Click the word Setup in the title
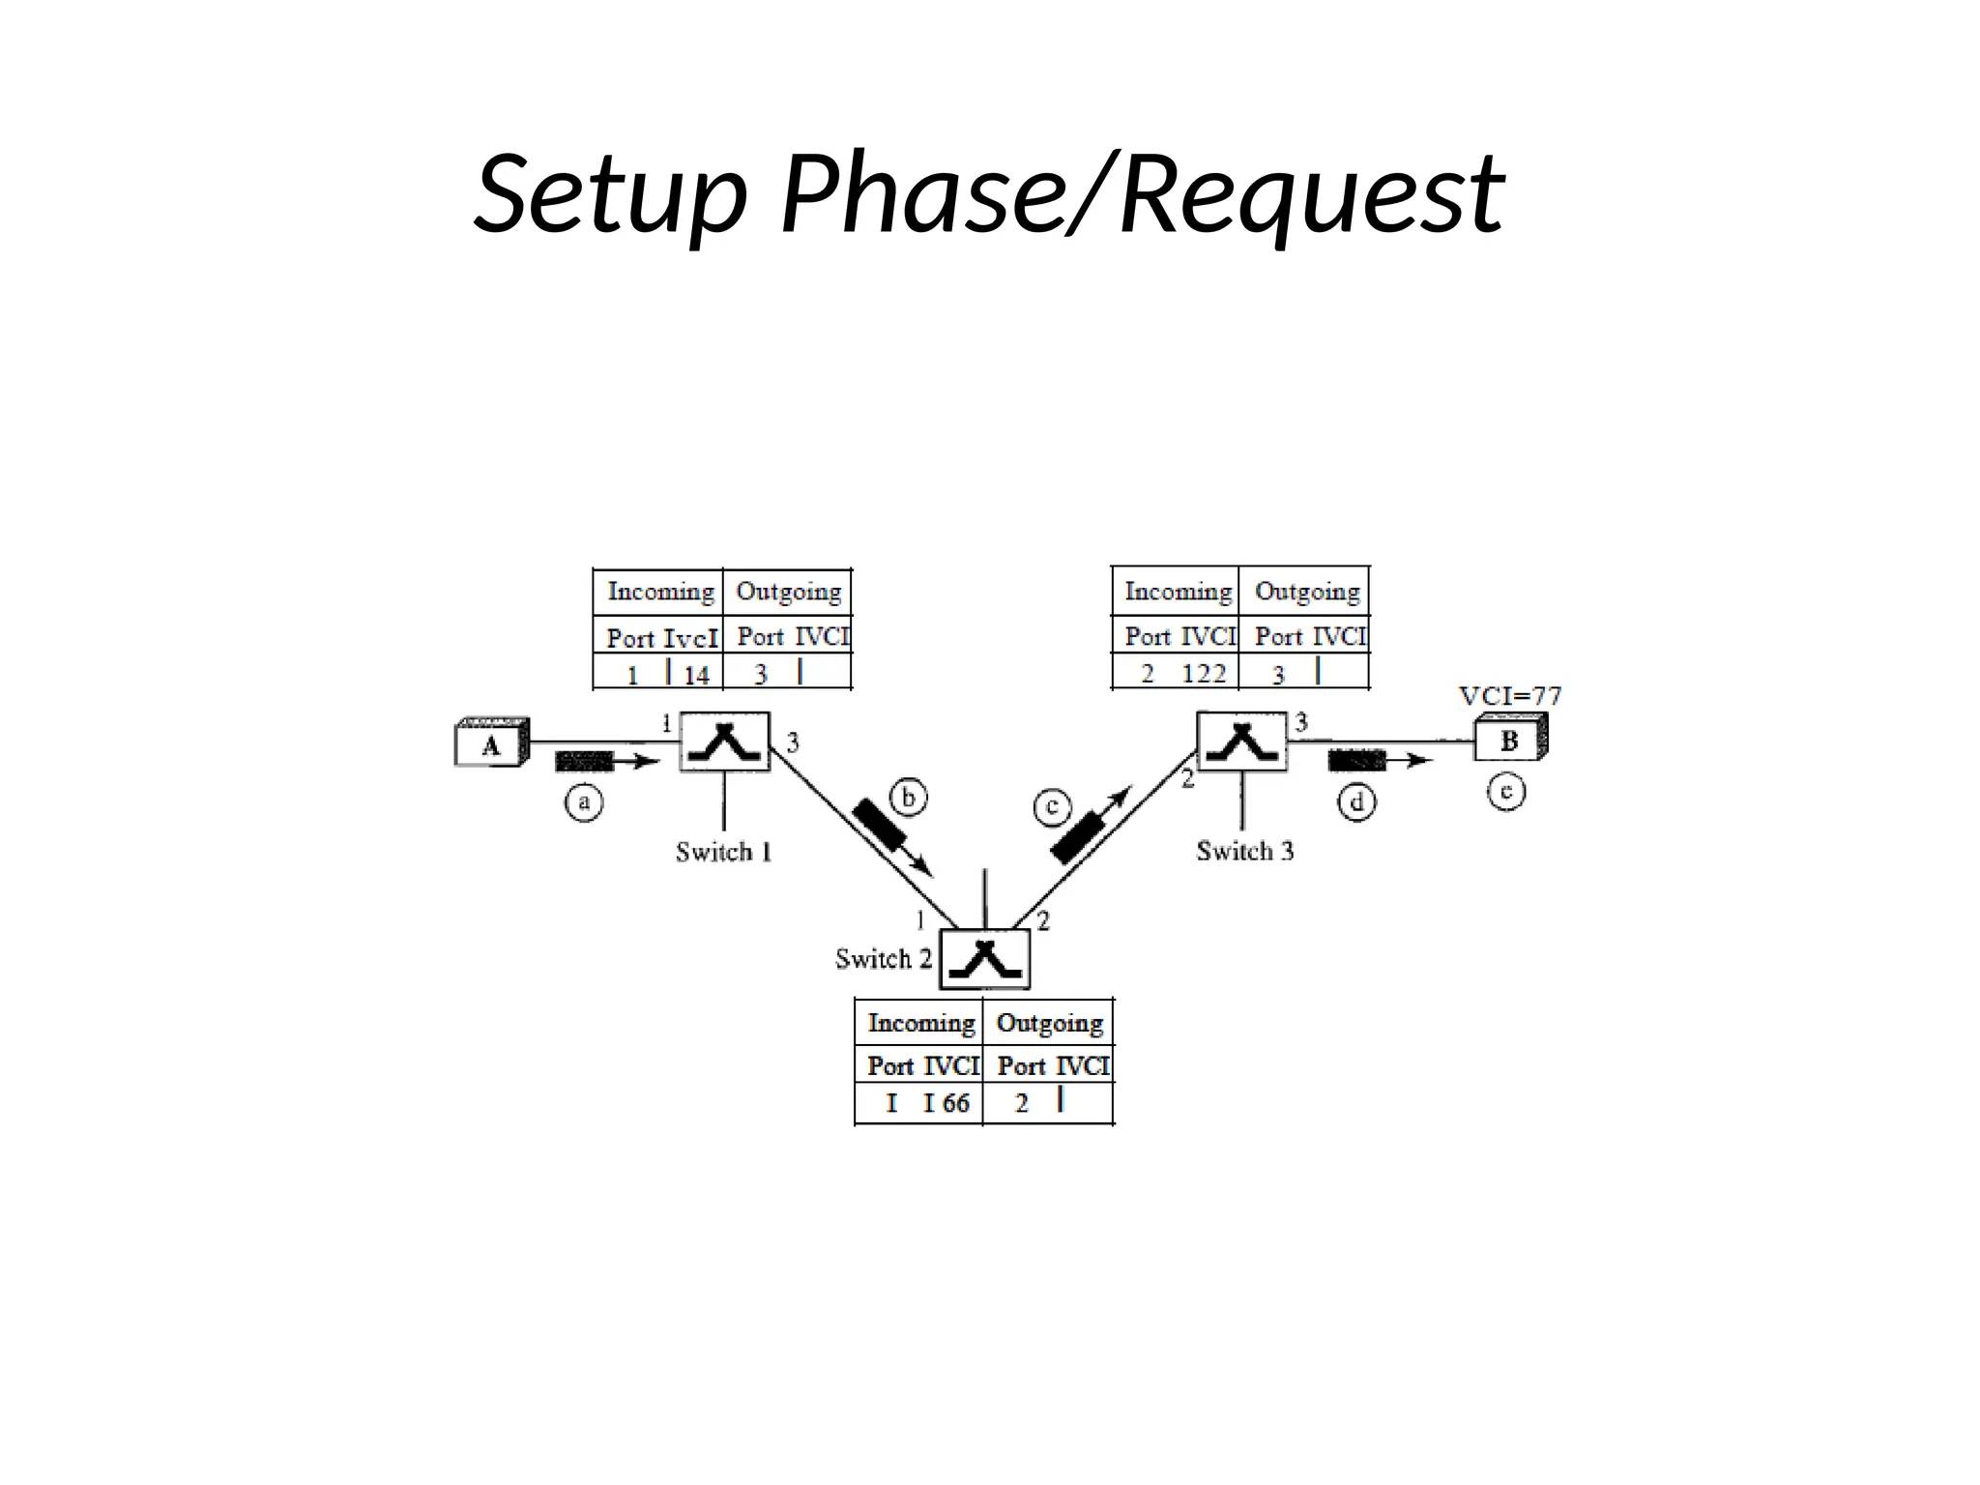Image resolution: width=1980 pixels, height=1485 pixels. point(611,195)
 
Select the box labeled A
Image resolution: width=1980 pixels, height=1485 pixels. point(491,745)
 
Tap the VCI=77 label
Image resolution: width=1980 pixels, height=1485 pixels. point(1509,696)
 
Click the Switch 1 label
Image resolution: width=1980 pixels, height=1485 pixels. point(723,852)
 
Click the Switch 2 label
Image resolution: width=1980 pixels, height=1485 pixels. point(883,959)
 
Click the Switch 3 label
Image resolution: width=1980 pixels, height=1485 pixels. point(1244,851)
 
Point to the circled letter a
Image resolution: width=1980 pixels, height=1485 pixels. point(584,802)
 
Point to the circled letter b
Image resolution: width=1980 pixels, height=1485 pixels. point(908,799)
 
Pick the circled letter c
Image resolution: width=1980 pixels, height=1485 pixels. point(1052,807)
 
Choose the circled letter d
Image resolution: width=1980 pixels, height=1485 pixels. point(1356,803)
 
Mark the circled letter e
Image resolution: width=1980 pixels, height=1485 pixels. point(1505,793)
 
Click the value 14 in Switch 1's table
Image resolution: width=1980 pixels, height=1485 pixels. point(696,675)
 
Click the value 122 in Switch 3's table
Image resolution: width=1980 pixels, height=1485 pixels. point(1204,673)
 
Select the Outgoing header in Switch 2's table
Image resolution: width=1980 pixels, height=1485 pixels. point(1049,1023)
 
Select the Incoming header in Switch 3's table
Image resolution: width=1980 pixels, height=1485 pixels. point(1178,591)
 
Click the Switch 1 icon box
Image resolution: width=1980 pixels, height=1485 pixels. point(725,742)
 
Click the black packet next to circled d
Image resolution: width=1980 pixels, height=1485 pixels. point(1356,761)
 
